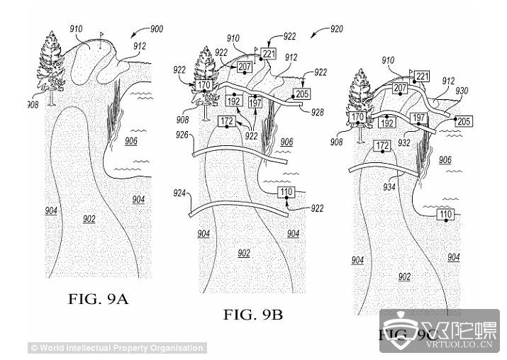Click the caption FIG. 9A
[x=98, y=299]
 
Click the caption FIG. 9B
[x=253, y=315]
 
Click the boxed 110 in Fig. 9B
[x=286, y=191]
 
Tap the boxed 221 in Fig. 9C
[x=423, y=76]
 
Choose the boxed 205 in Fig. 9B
[x=301, y=94]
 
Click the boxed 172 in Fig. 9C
[x=382, y=146]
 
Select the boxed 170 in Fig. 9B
[x=204, y=85]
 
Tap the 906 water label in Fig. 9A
[x=131, y=140]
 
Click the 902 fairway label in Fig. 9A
[x=89, y=220]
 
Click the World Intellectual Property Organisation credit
[x=118, y=348]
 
